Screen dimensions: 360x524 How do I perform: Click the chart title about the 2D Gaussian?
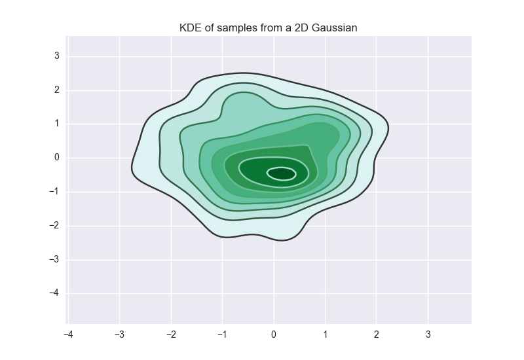pyautogui.click(x=269, y=27)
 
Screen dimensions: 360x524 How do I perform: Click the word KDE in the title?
pyautogui.click(x=189, y=27)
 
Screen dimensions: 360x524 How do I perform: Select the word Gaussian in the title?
pyautogui.click(x=335, y=27)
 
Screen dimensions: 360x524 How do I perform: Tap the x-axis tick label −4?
pyautogui.click(x=67, y=334)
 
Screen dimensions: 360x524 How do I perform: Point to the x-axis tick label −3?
pyautogui.click(x=119, y=334)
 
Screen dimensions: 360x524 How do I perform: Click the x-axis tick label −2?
pyautogui.click(x=170, y=334)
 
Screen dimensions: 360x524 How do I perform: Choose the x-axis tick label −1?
pyautogui.click(x=221, y=334)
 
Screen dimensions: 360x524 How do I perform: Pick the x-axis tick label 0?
pyautogui.click(x=274, y=334)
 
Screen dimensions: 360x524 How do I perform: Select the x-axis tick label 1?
pyautogui.click(x=326, y=334)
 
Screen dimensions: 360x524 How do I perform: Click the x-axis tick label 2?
pyautogui.click(x=377, y=334)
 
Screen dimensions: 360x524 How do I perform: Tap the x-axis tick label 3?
pyautogui.click(x=428, y=334)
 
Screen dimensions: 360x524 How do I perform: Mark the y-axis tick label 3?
pyautogui.click(x=57, y=56)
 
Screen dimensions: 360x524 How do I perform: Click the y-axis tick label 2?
pyautogui.click(x=57, y=90)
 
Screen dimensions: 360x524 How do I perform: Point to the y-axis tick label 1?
pyautogui.click(x=57, y=124)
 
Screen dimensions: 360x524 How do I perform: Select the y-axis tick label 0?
pyautogui.click(x=57, y=158)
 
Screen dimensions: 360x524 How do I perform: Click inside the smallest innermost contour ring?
pyautogui.click(x=281, y=174)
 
